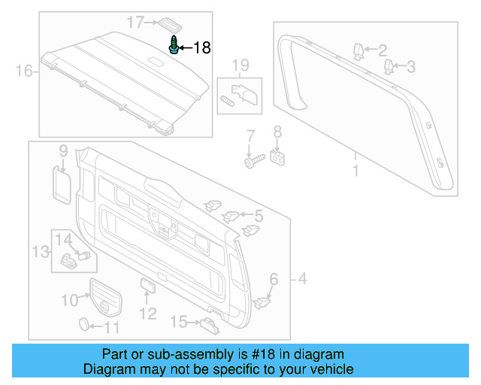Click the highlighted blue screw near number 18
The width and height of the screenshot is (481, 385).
(x=174, y=45)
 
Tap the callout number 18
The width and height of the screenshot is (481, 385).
(x=202, y=48)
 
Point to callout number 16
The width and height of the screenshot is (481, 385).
(x=24, y=71)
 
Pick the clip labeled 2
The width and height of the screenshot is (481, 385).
(x=358, y=50)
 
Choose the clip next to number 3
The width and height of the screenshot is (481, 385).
(x=389, y=68)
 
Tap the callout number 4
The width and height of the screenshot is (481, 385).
(x=303, y=280)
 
